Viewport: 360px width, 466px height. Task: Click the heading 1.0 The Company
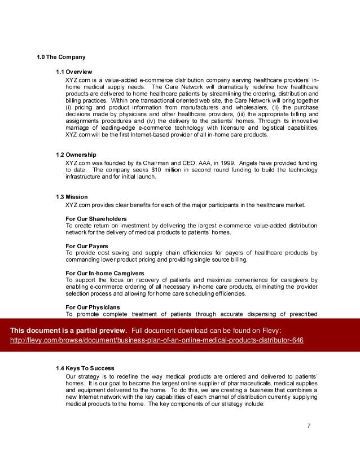tap(61, 57)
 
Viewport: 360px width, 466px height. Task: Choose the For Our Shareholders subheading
tap(96, 218)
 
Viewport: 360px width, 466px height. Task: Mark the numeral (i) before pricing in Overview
tap(68, 107)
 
